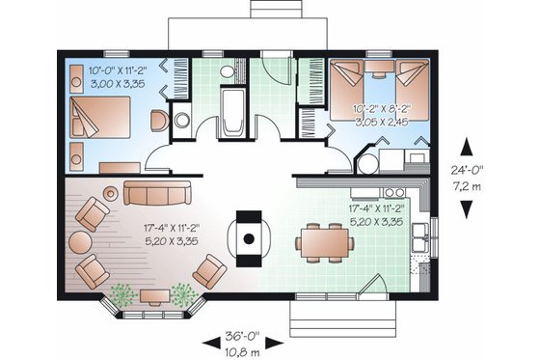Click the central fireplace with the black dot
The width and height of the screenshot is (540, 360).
[x=248, y=236]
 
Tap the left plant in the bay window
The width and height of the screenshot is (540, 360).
[x=121, y=293]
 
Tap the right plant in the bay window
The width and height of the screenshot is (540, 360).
[x=180, y=293]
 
